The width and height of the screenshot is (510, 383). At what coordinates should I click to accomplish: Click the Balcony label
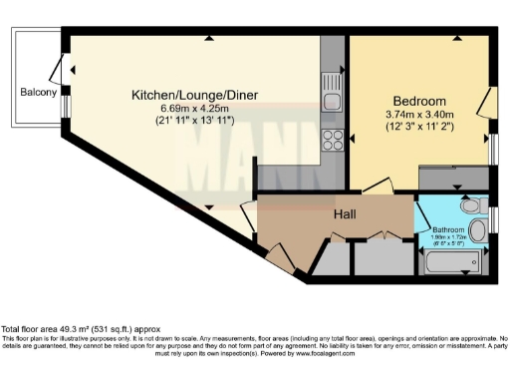pyautogui.click(x=37, y=93)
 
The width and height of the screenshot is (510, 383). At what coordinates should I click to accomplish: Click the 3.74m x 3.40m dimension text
pyautogui.click(x=420, y=116)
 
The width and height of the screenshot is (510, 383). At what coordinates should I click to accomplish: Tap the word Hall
pyautogui.click(x=346, y=214)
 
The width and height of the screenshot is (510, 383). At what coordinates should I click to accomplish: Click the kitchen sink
pyautogui.click(x=333, y=96)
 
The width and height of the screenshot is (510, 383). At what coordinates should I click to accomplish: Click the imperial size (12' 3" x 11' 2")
pyautogui.click(x=420, y=129)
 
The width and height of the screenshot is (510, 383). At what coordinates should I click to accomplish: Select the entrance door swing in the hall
pyautogui.click(x=281, y=259)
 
